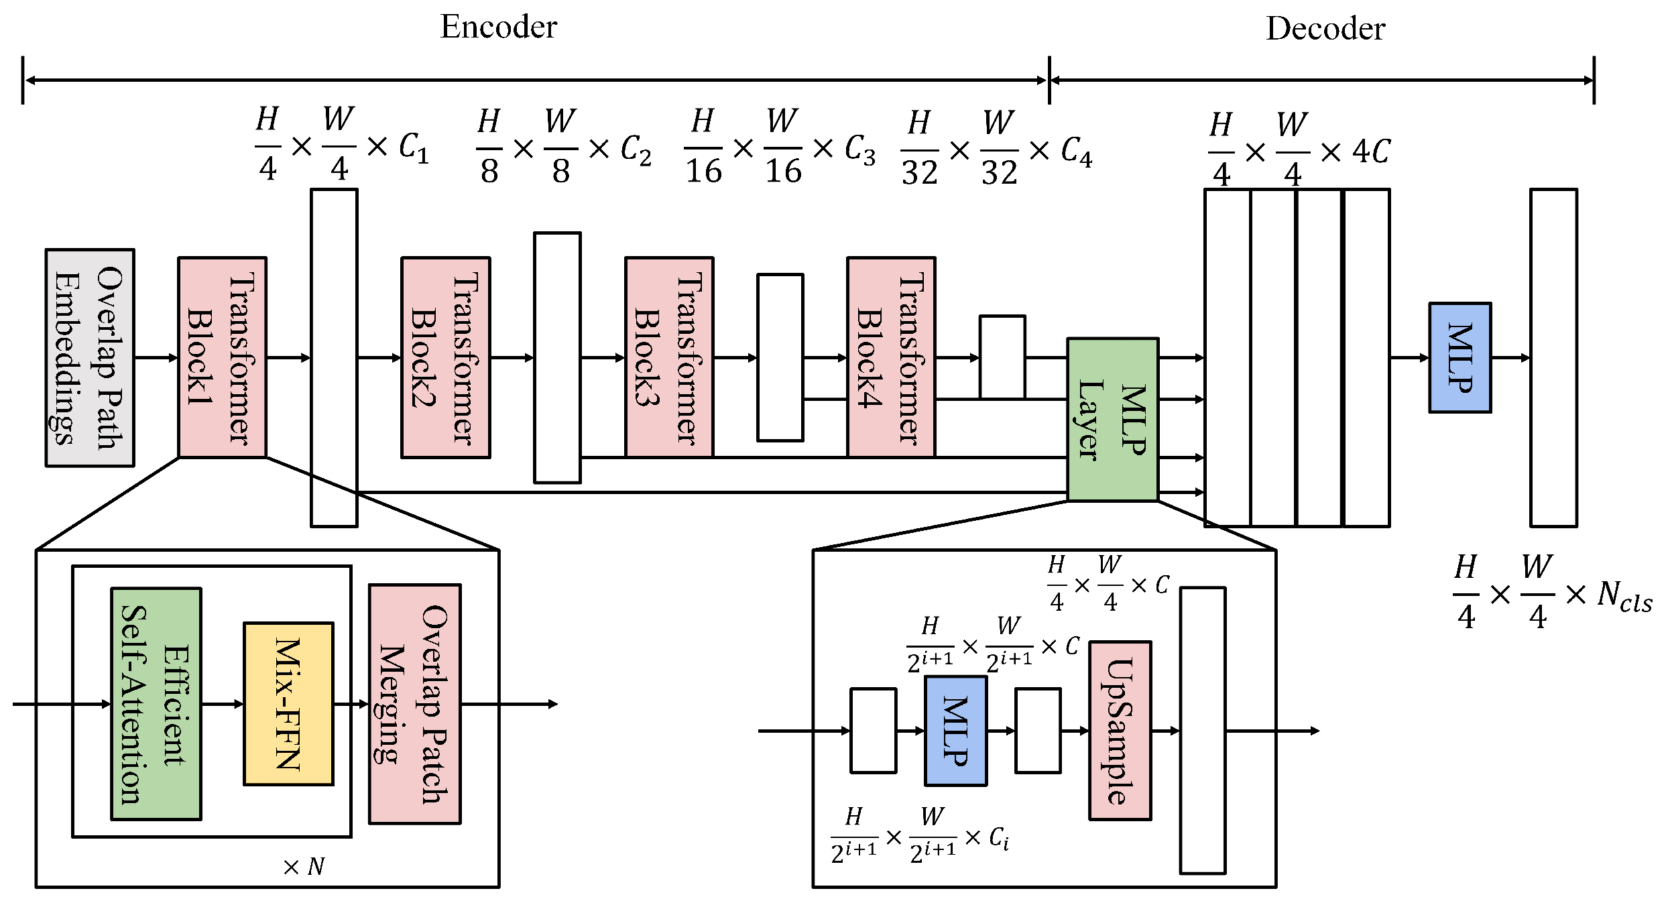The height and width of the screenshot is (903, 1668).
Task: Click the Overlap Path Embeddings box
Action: (90, 357)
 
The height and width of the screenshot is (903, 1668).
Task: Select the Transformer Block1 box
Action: (222, 357)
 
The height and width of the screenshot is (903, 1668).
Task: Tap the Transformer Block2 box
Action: (445, 357)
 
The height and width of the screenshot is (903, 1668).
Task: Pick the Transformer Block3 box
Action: (668, 357)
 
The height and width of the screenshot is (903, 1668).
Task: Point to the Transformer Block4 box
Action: (891, 357)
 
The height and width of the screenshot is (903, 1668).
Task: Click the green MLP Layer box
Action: (1112, 420)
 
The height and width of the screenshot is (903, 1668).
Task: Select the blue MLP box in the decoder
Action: (1459, 357)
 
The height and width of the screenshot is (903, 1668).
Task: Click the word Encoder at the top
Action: (498, 27)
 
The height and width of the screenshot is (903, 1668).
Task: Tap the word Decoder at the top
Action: (1325, 29)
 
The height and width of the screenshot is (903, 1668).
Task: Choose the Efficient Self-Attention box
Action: (156, 704)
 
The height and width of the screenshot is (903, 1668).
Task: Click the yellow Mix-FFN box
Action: (288, 704)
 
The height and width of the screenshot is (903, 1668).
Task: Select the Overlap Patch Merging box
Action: (414, 704)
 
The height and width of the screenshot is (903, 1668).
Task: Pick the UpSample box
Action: (1120, 731)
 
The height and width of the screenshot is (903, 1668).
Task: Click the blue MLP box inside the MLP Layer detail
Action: (955, 731)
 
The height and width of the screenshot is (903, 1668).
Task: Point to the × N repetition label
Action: (304, 867)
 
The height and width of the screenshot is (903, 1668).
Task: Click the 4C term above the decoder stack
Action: (1371, 152)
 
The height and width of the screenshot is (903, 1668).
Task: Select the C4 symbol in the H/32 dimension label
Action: (1076, 152)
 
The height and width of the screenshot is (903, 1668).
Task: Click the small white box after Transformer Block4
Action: (1002, 357)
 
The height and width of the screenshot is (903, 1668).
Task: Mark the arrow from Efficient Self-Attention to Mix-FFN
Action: (222, 704)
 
